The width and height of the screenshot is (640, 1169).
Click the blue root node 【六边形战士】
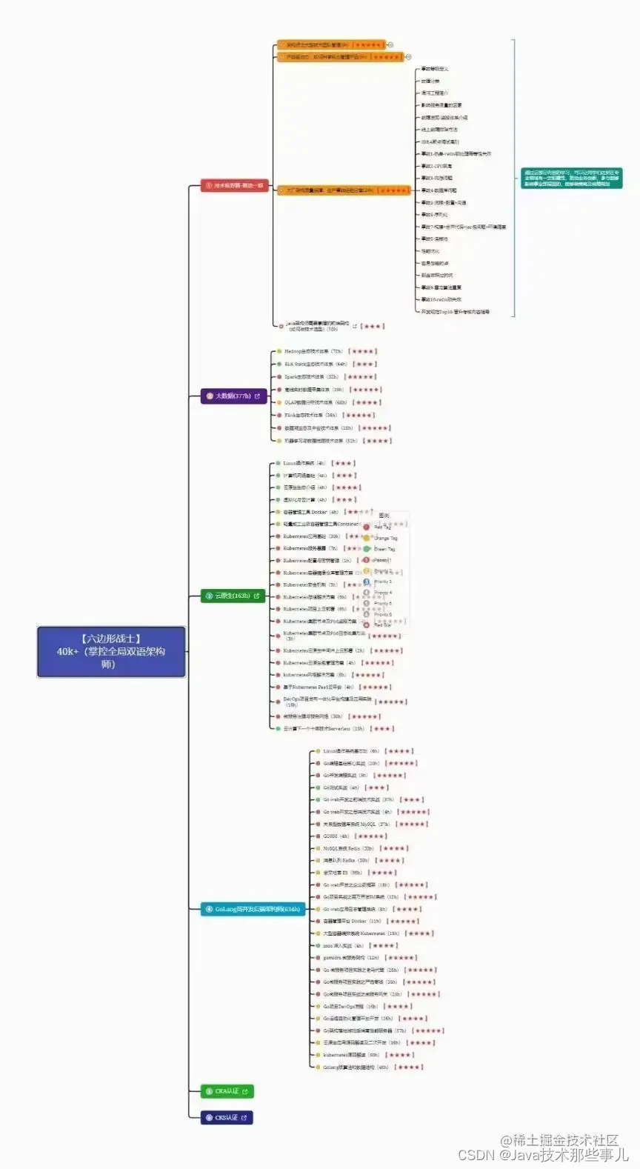pyautogui.click(x=111, y=651)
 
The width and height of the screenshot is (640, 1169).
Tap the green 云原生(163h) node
pyautogui.click(x=233, y=596)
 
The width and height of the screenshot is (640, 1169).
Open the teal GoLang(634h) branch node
pyautogui.click(x=253, y=909)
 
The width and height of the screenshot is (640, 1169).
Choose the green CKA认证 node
pyautogui.click(x=227, y=1091)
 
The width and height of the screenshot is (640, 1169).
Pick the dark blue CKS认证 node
pyautogui.click(x=227, y=1117)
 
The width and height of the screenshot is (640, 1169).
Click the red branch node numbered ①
pyautogui.click(x=234, y=186)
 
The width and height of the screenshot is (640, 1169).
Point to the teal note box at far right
pyautogui.click(x=571, y=178)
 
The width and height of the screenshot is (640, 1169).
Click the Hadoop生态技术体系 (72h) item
pyautogui.click(x=313, y=351)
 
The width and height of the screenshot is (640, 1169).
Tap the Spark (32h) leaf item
pyautogui.click(x=311, y=376)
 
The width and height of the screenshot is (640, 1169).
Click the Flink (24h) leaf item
pyautogui.click(x=310, y=415)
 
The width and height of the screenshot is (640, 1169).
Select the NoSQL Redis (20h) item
pyautogui.click(x=348, y=848)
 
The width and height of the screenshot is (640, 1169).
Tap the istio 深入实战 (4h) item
pyautogui.click(x=343, y=945)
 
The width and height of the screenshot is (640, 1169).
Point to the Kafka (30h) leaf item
pyautogui.click(x=345, y=860)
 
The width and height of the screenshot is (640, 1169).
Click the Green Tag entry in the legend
pyautogui.click(x=384, y=549)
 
